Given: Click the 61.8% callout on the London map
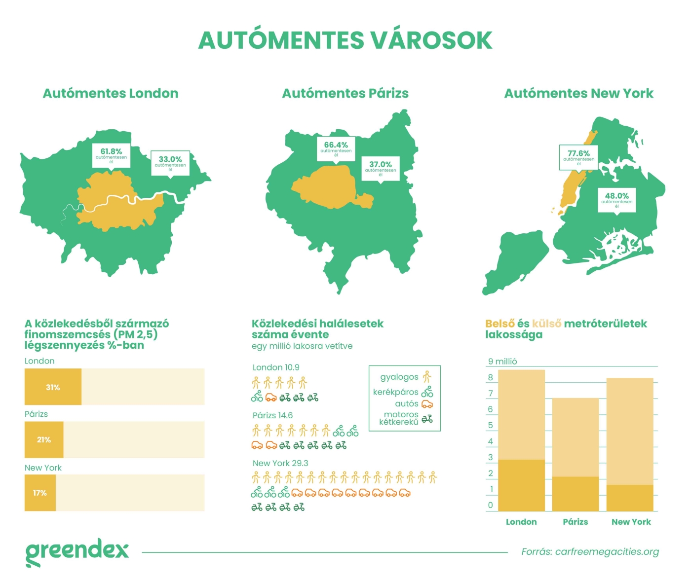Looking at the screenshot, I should point(111,155).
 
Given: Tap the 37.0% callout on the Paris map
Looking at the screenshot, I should point(381,168).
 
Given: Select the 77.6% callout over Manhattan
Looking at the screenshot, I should point(578,157).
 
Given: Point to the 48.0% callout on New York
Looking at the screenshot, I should point(616,199).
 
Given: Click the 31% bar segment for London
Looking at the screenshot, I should point(53,387).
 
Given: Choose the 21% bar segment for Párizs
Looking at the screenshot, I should point(44,439).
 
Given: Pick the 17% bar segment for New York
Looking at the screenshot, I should point(40,493).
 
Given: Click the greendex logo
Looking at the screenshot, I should point(77,551).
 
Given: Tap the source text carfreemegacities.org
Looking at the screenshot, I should point(590,551).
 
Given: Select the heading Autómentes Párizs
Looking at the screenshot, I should point(345,93).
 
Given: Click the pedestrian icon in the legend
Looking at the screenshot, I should point(427,377).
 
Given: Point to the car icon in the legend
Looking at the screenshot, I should point(427,404).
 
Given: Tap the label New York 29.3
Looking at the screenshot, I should point(280,463).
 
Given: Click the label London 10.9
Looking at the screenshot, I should point(275,367).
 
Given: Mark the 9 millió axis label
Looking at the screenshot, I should point(502,362).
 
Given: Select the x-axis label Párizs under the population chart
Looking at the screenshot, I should point(575,522).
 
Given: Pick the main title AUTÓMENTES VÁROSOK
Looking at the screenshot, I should point(345,40).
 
